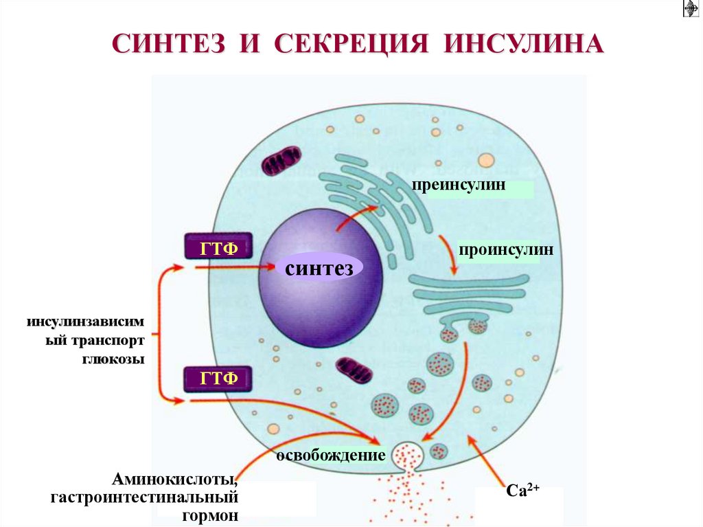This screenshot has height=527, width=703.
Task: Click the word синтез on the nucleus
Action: [x=319, y=268]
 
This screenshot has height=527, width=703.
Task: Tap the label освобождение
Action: [x=330, y=456]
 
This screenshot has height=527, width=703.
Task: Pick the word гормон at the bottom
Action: [x=211, y=514]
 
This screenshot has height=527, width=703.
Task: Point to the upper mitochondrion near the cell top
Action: [x=281, y=160]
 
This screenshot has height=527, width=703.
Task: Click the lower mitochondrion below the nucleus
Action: [x=355, y=370]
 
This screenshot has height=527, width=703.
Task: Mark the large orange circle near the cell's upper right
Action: [x=486, y=161]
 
